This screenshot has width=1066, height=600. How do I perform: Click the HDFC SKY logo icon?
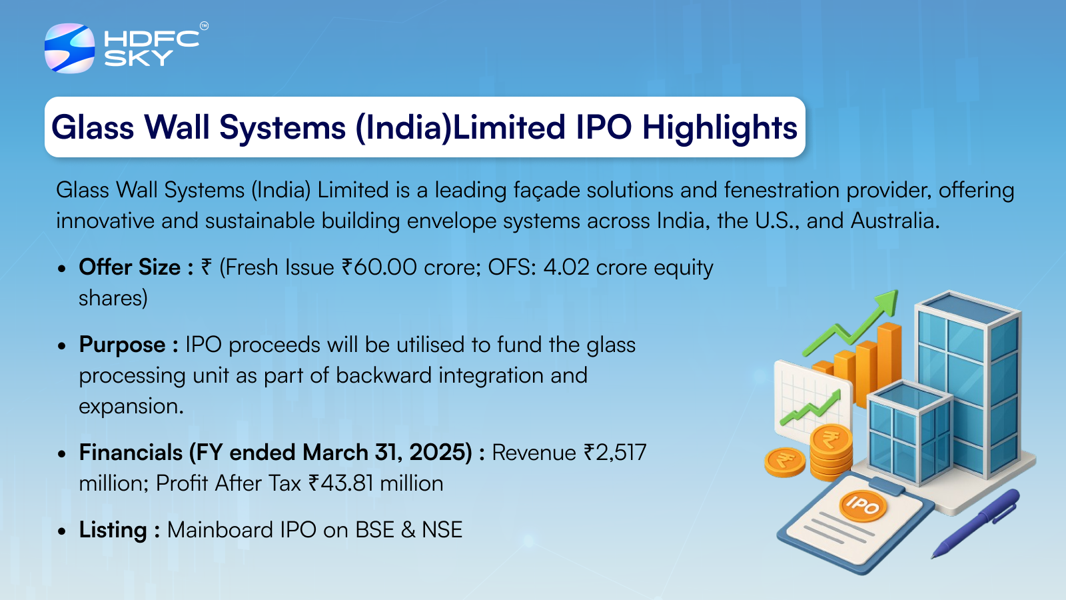pyautogui.click(x=69, y=48)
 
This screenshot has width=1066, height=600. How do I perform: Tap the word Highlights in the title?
pyautogui.click(x=720, y=127)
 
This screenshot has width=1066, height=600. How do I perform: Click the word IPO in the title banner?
pyautogui.click(x=604, y=127)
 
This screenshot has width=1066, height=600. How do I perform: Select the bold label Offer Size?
pyautogui.click(x=130, y=267)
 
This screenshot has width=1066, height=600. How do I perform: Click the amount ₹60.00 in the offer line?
pyautogui.click(x=379, y=267)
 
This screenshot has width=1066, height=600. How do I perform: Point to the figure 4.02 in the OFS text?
pyautogui.click(x=566, y=267)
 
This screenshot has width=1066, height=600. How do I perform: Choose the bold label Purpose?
pyautogui.click(x=123, y=345)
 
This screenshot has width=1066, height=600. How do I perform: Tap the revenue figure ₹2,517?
pyautogui.click(x=615, y=453)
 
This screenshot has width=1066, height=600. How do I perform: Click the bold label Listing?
pyautogui.click(x=113, y=530)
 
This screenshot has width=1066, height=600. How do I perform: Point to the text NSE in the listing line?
pyautogui.click(x=442, y=530)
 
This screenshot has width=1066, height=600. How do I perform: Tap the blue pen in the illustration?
pyautogui.click(x=977, y=524)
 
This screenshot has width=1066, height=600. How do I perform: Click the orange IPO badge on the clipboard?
pyautogui.click(x=863, y=506)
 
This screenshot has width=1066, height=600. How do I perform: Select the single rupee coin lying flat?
pyautogui.click(x=785, y=461)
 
